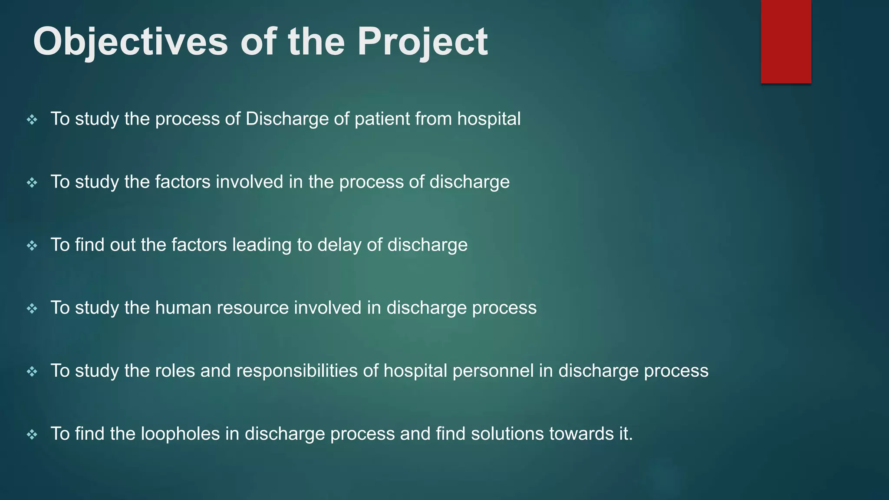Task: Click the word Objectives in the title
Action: click(130, 42)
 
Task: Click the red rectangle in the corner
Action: click(786, 42)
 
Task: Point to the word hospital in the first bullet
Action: click(489, 119)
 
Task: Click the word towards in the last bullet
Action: click(581, 434)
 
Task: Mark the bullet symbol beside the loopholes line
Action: click(32, 434)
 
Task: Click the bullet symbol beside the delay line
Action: click(32, 246)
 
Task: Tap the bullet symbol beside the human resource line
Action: click(32, 309)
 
